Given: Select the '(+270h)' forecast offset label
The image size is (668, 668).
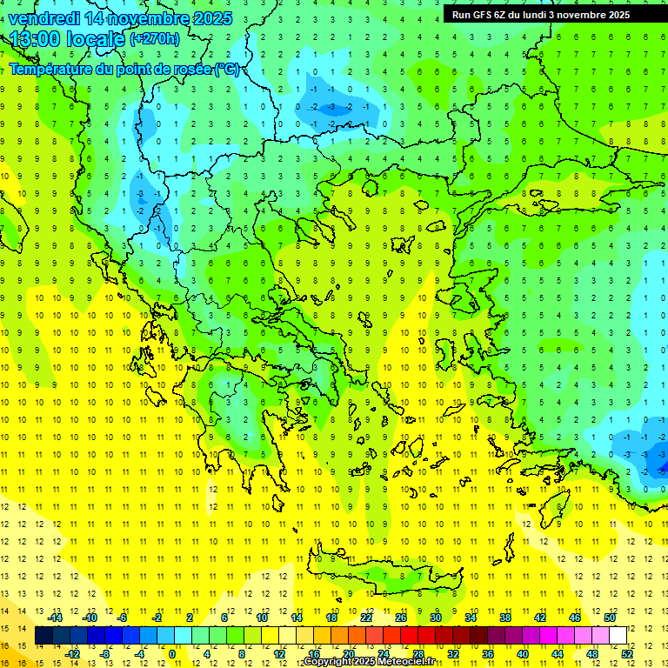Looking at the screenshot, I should [155, 38].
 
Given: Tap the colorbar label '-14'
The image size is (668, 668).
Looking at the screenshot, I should [55, 617].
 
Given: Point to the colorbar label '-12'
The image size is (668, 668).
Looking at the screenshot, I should [73, 654].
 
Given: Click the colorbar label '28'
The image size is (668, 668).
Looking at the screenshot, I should [418, 654].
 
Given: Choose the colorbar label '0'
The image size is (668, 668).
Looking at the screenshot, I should [172, 654].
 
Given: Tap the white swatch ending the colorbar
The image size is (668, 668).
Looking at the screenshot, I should [618, 636].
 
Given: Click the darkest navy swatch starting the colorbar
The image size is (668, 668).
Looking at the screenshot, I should [43, 636].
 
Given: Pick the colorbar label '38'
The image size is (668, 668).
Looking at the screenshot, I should [504, 617].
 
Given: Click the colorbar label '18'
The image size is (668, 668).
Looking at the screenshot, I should [331, 617].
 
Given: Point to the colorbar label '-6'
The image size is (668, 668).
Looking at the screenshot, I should [123, 617].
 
